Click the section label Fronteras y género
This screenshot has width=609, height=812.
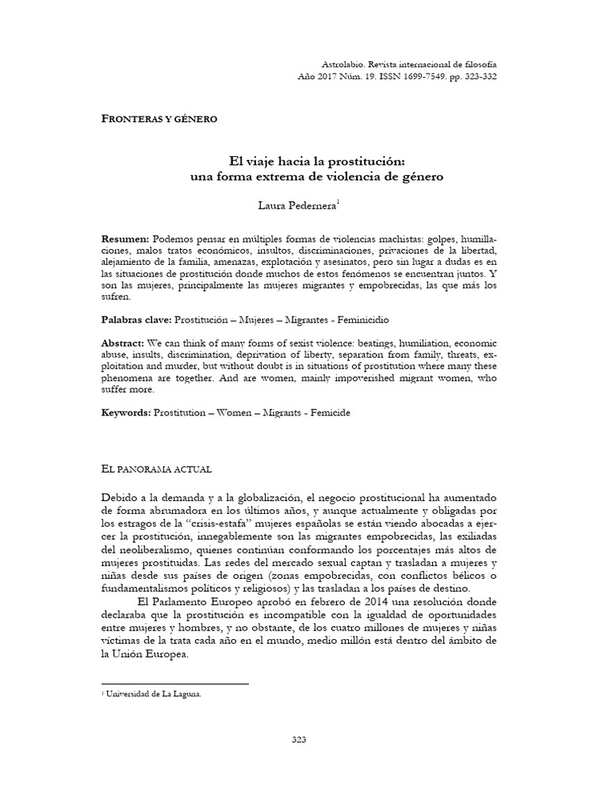(159, 118)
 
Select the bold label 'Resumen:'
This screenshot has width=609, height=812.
(125, 239)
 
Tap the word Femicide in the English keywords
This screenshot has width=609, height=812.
(323, 414)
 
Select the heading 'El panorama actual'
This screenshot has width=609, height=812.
(156, 469)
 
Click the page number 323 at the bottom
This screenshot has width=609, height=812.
(299, 740)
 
